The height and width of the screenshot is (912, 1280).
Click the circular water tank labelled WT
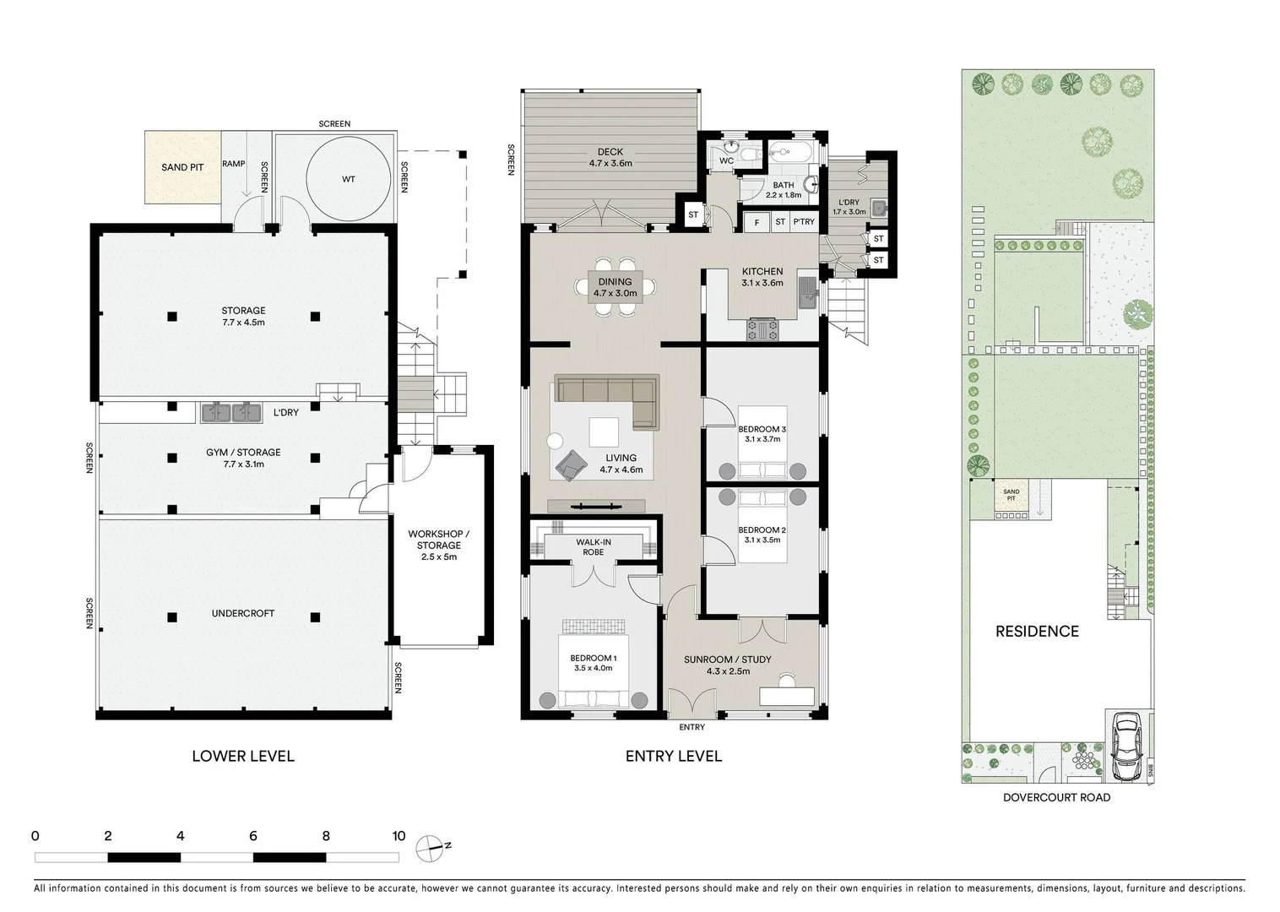(349, 179)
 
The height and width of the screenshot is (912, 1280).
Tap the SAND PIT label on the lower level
(182, 167)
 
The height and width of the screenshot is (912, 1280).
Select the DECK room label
(610, 153)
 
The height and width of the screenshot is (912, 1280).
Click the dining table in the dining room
(615, 287)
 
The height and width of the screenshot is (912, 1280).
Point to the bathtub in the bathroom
(789, 154)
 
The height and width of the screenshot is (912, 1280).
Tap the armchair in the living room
(572, 464)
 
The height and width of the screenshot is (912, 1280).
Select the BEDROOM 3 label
(762, 429)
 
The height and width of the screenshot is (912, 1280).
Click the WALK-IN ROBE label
(593, 546)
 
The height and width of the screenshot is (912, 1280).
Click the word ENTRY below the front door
(692, 727)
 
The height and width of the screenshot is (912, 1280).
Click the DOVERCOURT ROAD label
(1056, 797)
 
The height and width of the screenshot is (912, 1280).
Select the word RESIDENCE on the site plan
(1036, 631)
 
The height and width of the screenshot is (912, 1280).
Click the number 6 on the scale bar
(253, 836)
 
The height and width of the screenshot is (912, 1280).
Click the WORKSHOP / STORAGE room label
(438, 540)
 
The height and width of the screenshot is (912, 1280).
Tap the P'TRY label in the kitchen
(803, 222)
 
